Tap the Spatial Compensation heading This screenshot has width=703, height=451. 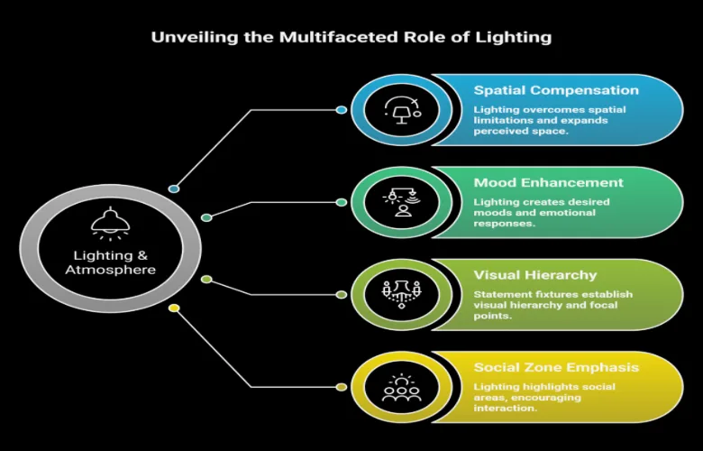(556, 90)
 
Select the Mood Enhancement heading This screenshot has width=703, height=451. (548, 182)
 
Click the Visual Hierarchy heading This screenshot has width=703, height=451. (535, 275)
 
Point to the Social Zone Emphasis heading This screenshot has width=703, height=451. (556, 367)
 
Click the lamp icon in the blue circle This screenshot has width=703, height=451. (402, 110)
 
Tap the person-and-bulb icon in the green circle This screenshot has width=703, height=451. (402, 202)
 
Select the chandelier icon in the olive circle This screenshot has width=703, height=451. (402, 294)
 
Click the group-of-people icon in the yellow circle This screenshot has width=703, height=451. (402, 387)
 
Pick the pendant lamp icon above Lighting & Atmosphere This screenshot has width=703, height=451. (110, 224)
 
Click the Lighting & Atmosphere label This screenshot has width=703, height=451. (110, 262)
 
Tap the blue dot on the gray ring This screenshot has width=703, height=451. (174, 189)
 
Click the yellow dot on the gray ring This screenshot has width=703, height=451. (174, 308)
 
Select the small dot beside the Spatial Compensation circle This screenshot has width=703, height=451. (342, 110)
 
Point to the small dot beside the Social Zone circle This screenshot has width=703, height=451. (342, 387)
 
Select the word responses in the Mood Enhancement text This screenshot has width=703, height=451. (505, 224)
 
